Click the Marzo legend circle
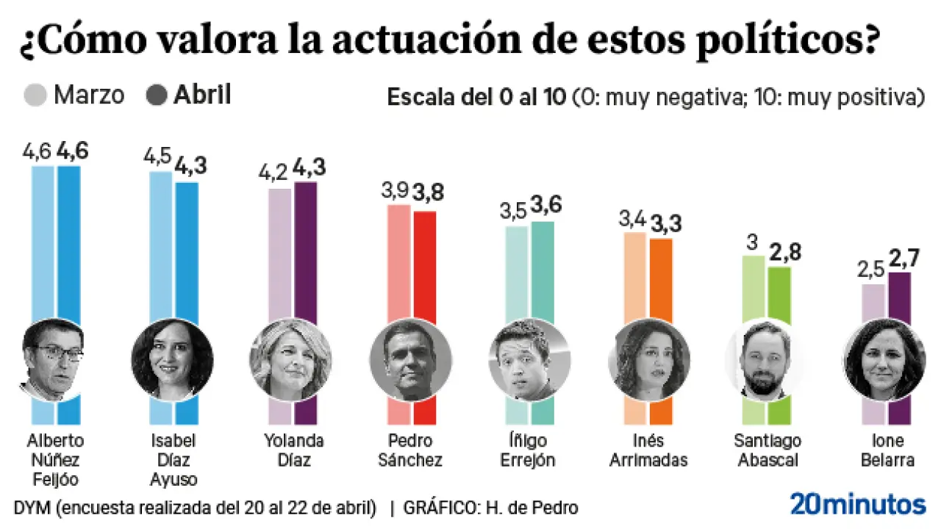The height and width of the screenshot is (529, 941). point(36,96)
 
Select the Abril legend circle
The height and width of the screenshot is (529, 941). point(157,96)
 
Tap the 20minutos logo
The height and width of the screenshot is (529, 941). point(858,505)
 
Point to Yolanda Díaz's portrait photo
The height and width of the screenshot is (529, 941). point(291,360)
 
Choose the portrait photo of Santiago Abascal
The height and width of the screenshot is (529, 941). point(766,360)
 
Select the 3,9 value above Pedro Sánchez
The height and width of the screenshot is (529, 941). point(398,191)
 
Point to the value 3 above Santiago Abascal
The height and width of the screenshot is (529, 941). point(751,242)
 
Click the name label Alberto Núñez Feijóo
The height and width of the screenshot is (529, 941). point(55,460)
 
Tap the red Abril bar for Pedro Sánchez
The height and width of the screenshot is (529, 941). point(424,264)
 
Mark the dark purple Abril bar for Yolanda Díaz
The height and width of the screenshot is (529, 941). point(305,250)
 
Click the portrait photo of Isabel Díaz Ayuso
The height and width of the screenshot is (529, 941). point(172,360)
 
